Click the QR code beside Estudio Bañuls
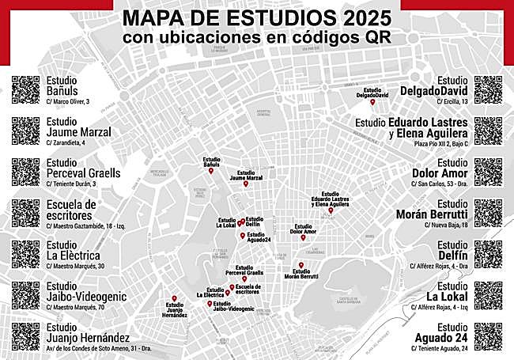pyautogui.click(x=25, y=89)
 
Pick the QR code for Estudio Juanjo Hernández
pyautogui.click(x=25, y=336)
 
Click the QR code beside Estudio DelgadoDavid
pyautogui.click(x=488, y=89)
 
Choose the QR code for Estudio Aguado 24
pyautogui.click(x=488, y=336)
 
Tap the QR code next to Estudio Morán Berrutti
pyautogui.click(x=488, y=213)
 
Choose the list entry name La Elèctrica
pyautogui.click(x=71, y=254)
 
